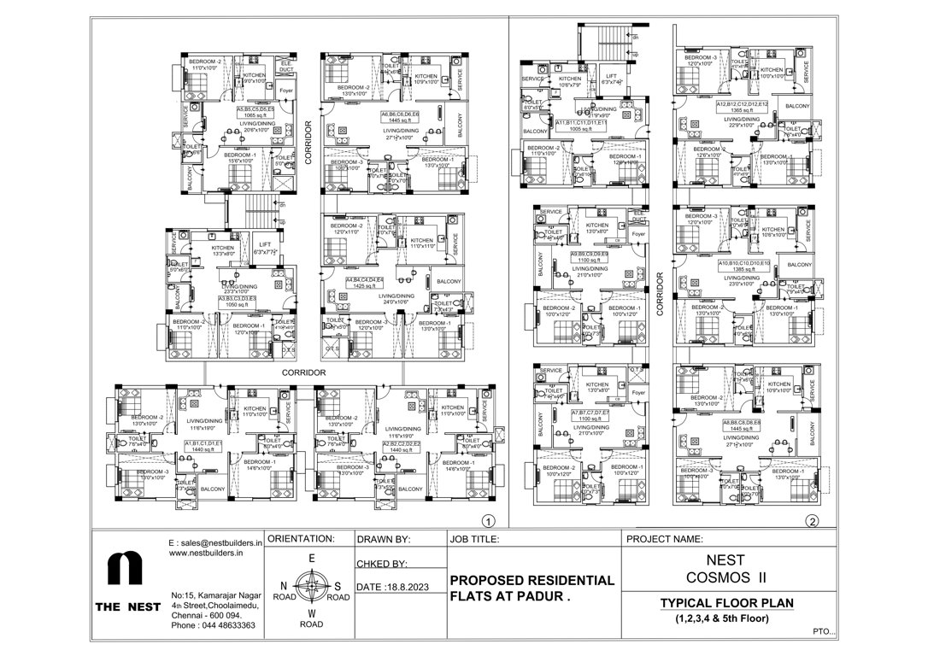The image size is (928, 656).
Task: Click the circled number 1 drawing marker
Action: click(488, 520)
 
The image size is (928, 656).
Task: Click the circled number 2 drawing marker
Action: click(812, 520)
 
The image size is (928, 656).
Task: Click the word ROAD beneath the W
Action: click(311, 624)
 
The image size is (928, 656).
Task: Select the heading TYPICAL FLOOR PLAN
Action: click(726, 603)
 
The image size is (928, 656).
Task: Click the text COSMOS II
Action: click(726, 577)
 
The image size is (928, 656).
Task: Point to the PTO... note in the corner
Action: click(825, 633)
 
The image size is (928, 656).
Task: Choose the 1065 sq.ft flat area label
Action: click(255, 115)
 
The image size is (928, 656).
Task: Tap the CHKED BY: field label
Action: click(380, 564)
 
